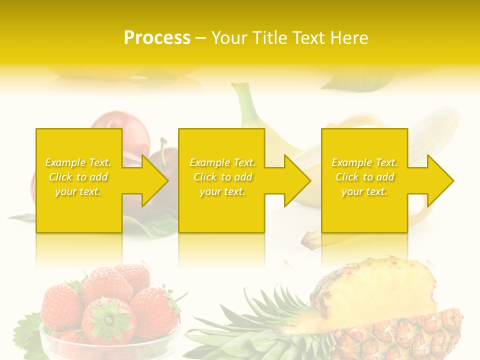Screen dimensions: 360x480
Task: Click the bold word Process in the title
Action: tap(157, 38)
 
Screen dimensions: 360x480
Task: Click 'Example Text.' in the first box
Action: tap(78, 162)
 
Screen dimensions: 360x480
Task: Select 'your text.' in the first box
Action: tap(78, 191)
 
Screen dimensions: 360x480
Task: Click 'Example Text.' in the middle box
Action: tap(222, 162)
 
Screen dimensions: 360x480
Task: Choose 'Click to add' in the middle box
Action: tap(222, 177)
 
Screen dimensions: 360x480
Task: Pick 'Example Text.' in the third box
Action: tap(364, 162)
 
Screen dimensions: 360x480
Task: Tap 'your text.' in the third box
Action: tap(364, 191)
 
